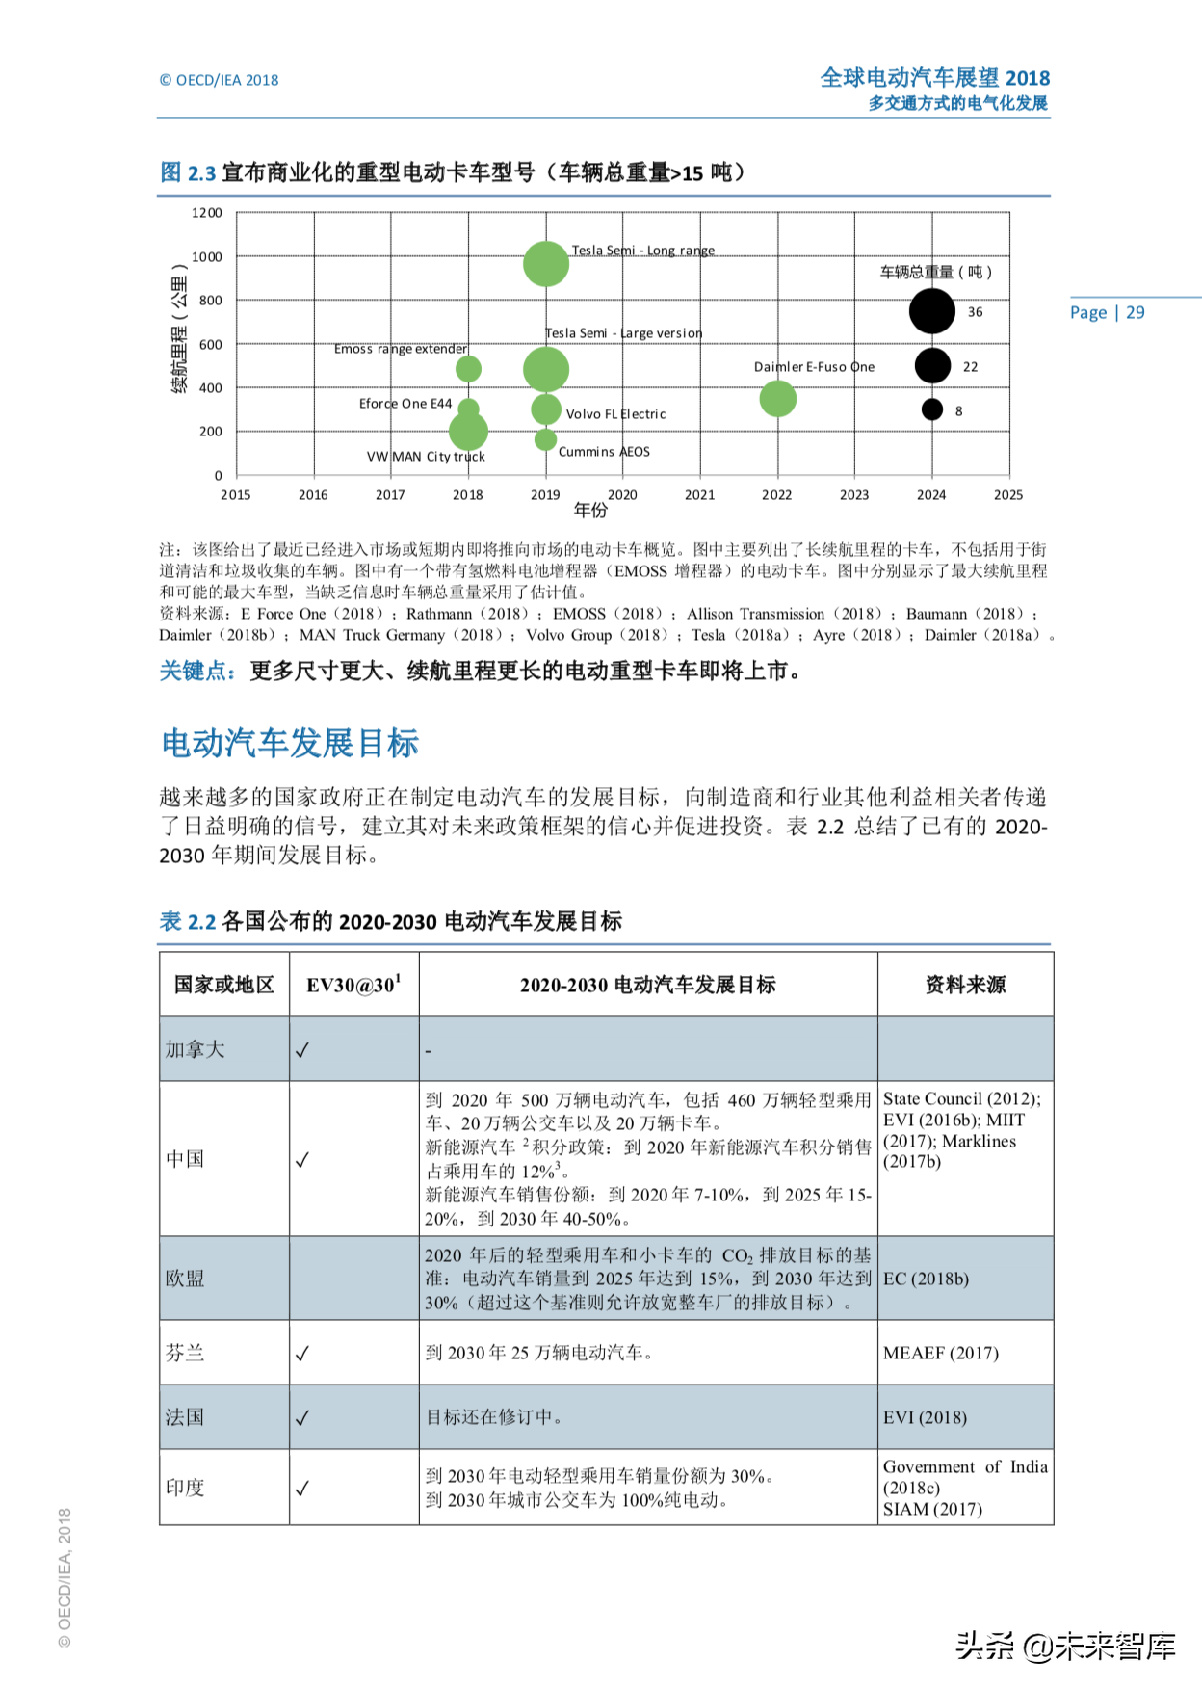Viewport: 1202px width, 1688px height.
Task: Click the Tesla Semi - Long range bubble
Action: (x=546, y=264)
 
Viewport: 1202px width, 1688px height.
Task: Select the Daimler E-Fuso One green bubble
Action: (x=777, y=399)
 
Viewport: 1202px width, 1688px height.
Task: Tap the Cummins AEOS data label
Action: (x=604, y=452)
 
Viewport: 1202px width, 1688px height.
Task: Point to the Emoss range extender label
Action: (x=401, y=349)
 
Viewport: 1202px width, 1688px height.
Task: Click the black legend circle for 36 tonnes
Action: (x=931, y=311)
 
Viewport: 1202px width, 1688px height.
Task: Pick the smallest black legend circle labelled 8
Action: (x=931, y=410)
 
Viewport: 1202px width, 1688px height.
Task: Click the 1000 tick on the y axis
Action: (x=207, y=257)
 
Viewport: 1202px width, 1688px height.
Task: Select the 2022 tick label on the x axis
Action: (x=776, y=495)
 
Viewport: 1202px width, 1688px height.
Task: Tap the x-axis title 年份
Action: (x=590, y=511)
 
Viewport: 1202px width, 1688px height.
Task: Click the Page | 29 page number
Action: (x=1107, y=312)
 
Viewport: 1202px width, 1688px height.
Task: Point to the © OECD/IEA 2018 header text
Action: (x=219, y=81)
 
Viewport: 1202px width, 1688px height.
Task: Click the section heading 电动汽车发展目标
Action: (x=290, y=744)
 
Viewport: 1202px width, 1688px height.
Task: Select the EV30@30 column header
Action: (x=353, y=985)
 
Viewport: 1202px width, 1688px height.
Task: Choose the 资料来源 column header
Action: (x=965, y=985)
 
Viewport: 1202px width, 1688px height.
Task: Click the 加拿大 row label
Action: (x=195, y=1049)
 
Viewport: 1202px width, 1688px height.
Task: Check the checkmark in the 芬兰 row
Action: (x=302, y=1354)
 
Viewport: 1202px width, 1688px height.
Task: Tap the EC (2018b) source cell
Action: (x=926, y=1279)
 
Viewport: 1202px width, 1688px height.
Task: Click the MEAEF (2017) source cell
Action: (x=940, y=1354)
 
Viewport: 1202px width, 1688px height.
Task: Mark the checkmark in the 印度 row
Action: (x=302, y=1489)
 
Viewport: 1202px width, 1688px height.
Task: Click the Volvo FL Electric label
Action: (x=615, y=414)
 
